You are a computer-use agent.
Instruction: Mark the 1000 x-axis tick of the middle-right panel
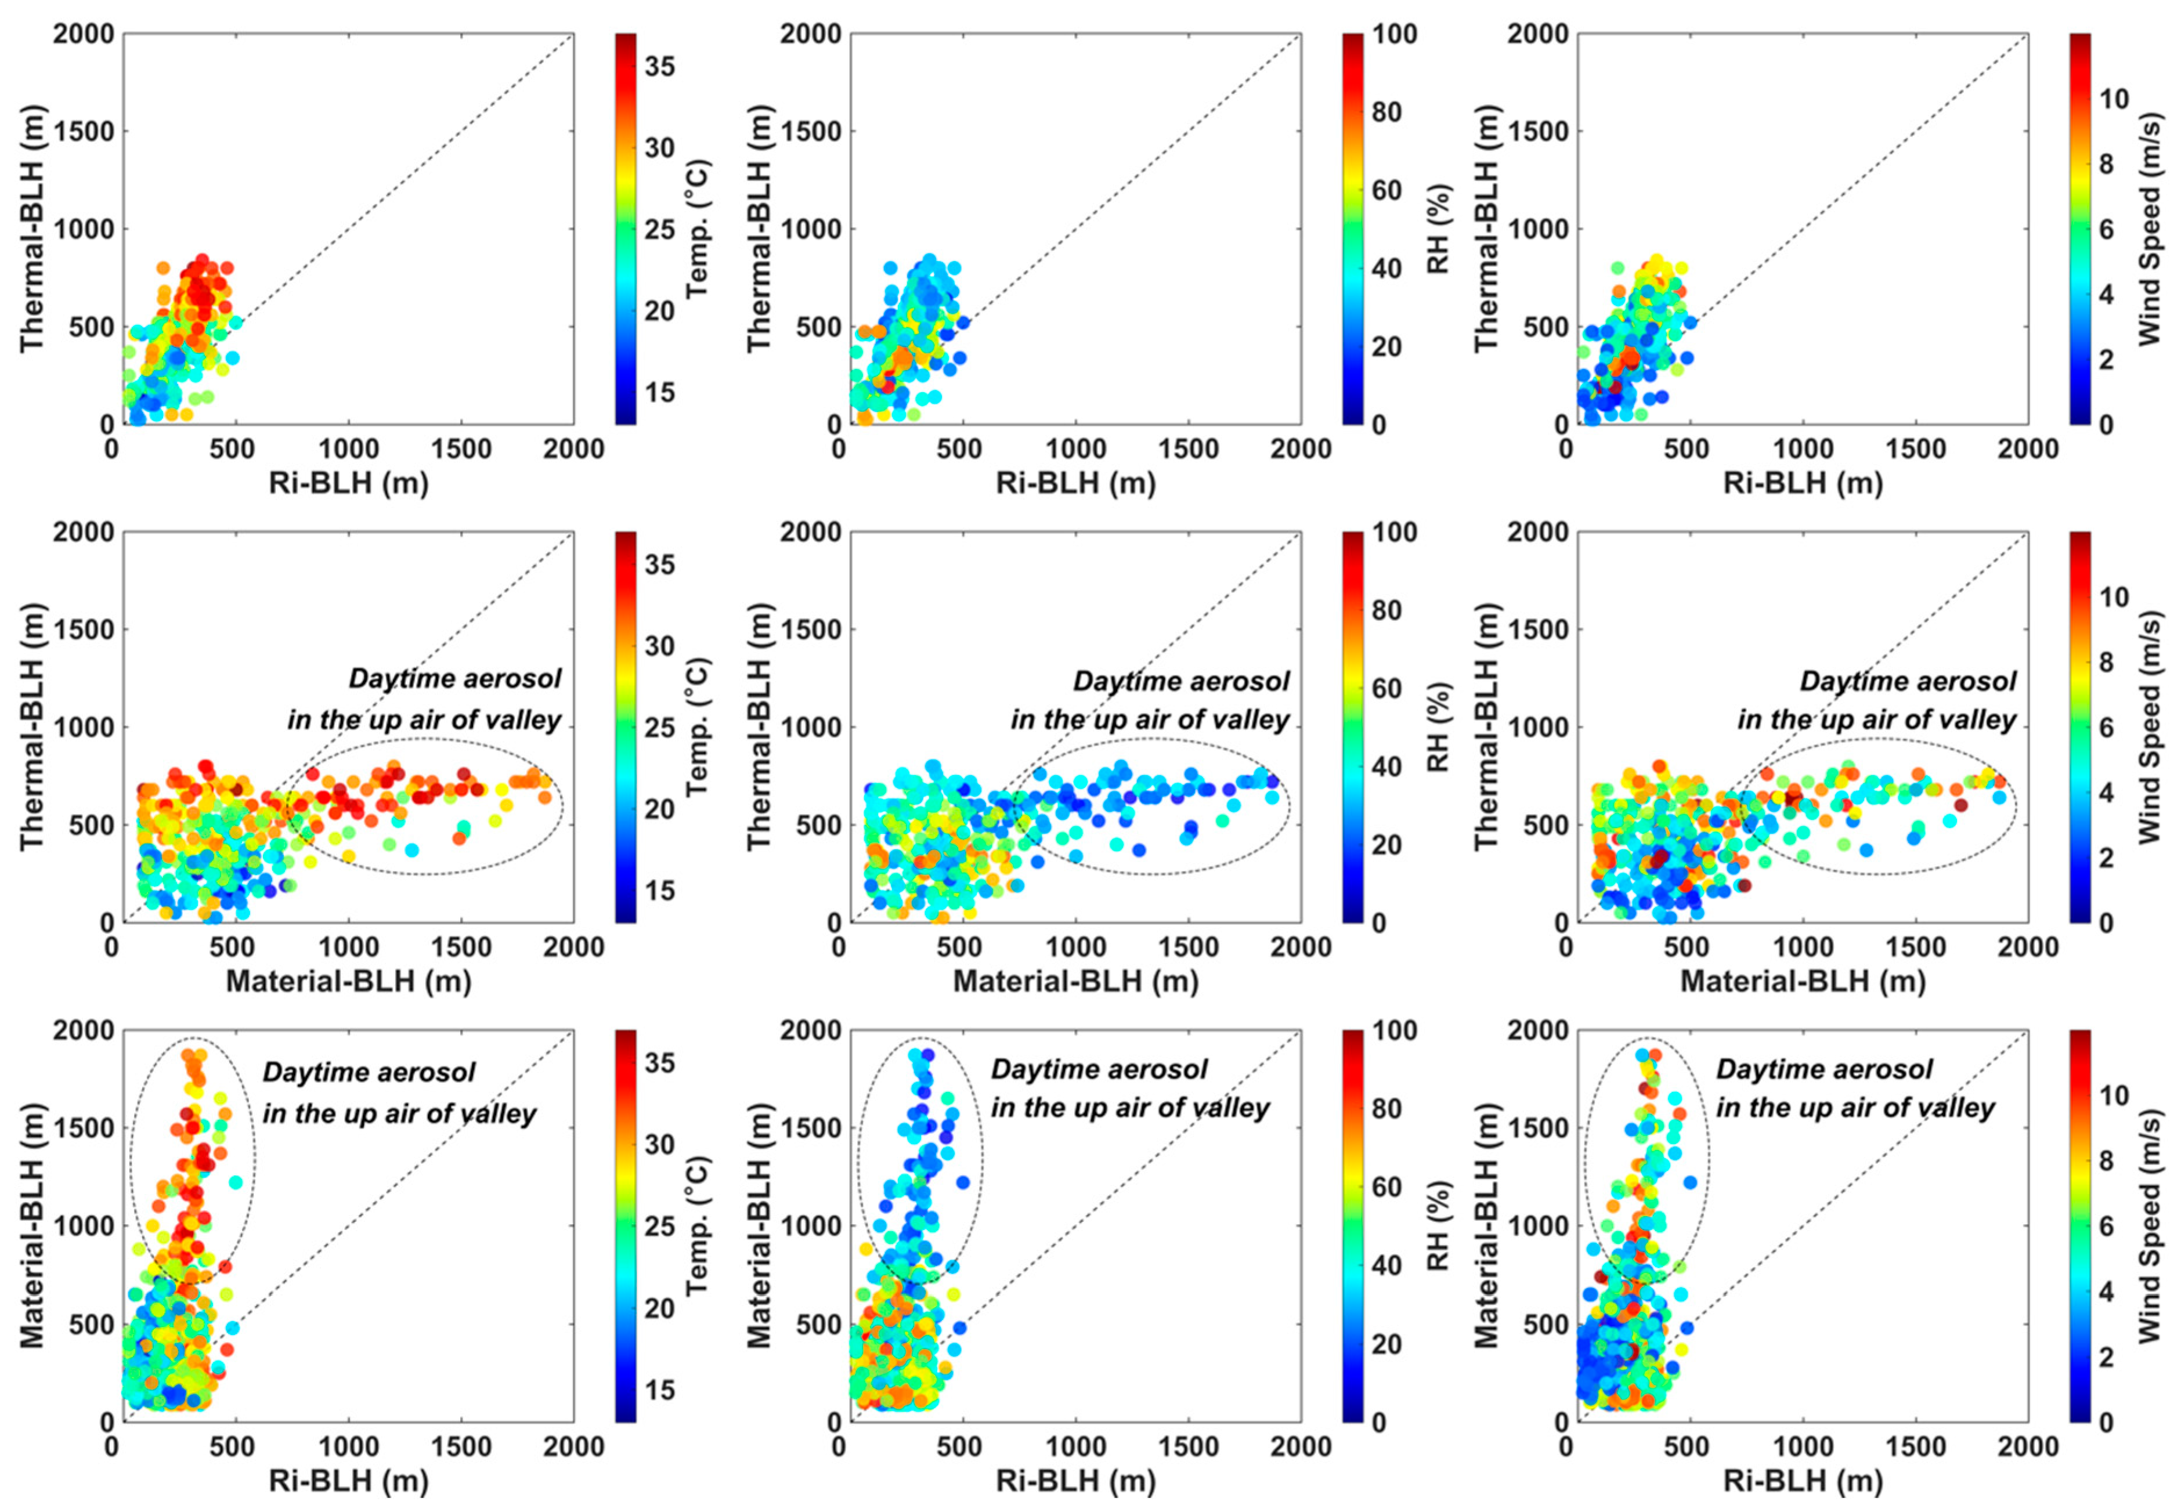pyautogui.click(x=1802, y=946)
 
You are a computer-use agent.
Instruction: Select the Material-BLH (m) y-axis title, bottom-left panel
pyautogui.click(x=33, y=1225)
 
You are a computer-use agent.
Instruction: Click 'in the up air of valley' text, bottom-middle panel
pyautogui.click(x=1131, y=1108)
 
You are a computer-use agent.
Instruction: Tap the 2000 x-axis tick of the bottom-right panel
pyautogui.click(x=2028, y=1446)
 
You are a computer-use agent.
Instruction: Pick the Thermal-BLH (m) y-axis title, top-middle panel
pyautogui.click(x=760, y=229)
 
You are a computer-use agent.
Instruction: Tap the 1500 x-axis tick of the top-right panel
pyautogui.click(x=1915, y=448)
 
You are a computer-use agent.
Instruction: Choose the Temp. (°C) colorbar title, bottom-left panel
pyautogui.click(x=698, y=1225)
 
